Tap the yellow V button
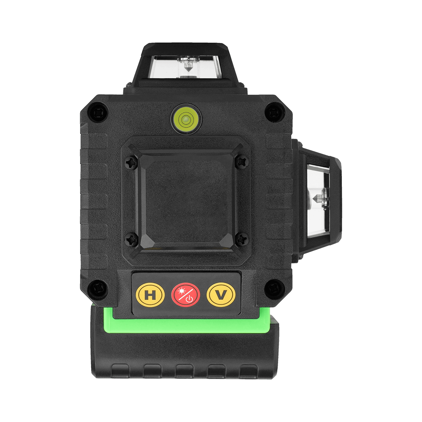[x=221, y=295]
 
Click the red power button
[x=186, y=295]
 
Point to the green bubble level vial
[x=186, y=119]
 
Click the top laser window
[x=186, y=67]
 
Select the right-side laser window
[x=318, y=198]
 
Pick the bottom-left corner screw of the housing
[x=98, y=289]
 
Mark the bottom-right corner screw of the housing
[x=275, y=289]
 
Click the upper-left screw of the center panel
[x=132, y=162]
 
